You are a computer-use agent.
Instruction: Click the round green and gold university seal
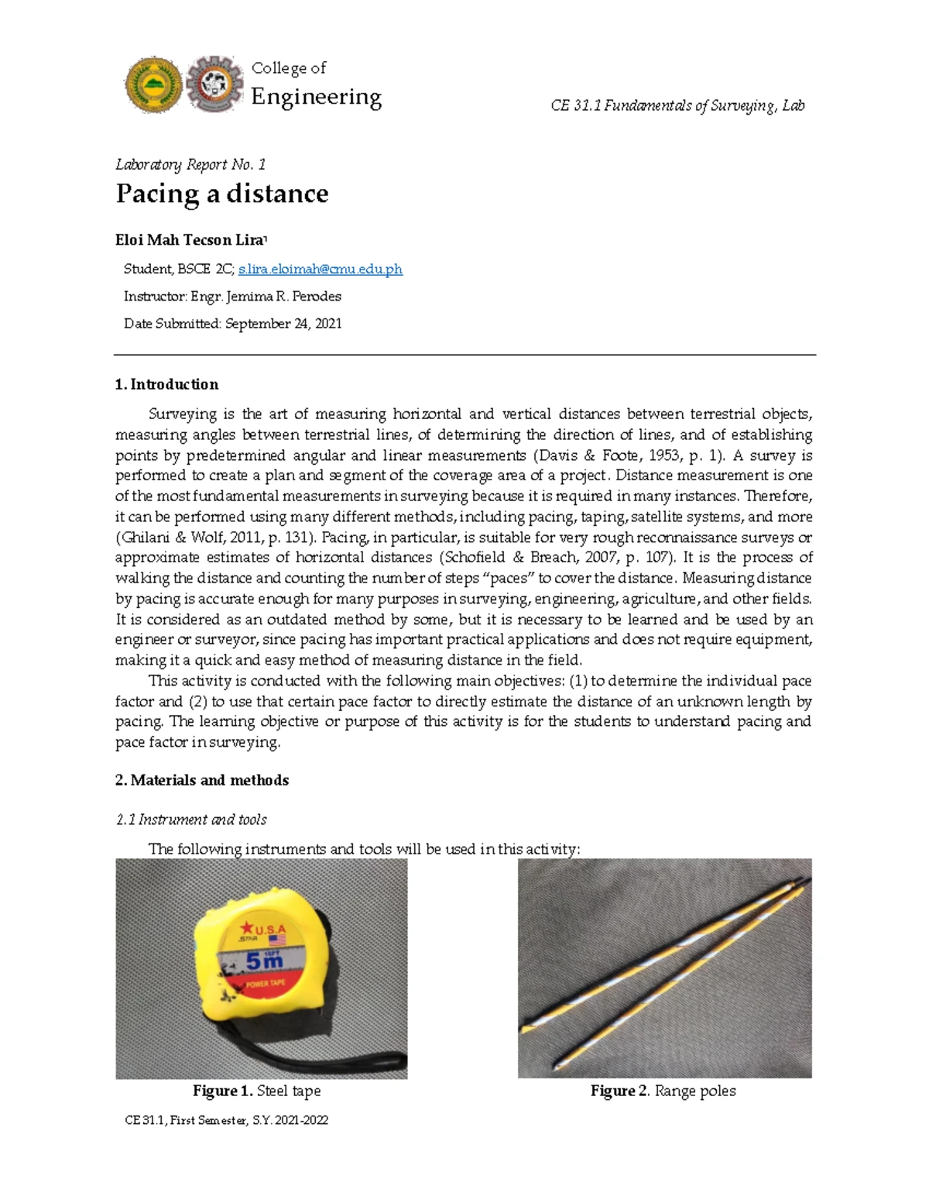point(153,85)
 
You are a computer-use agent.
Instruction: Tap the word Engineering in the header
point(316,97)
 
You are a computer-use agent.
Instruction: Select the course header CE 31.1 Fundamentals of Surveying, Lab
point(677,105)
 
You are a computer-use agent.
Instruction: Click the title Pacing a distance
point(221,194)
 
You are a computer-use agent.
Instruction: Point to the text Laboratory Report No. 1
point(190,164)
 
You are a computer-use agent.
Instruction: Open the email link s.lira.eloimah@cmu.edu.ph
point(321,270)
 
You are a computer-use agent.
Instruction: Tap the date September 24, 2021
point(283,324)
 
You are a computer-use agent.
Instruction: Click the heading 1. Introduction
point(166,384)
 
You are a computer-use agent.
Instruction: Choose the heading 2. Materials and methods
point(201,780)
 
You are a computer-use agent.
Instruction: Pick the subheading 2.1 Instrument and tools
point(191,820)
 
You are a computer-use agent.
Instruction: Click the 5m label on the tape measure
point(264,961)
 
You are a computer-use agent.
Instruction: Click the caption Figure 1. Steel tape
point(256,1091)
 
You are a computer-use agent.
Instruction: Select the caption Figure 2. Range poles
point(663,1091)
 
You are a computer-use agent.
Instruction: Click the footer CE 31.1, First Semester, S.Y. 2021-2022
point(226,1120)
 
